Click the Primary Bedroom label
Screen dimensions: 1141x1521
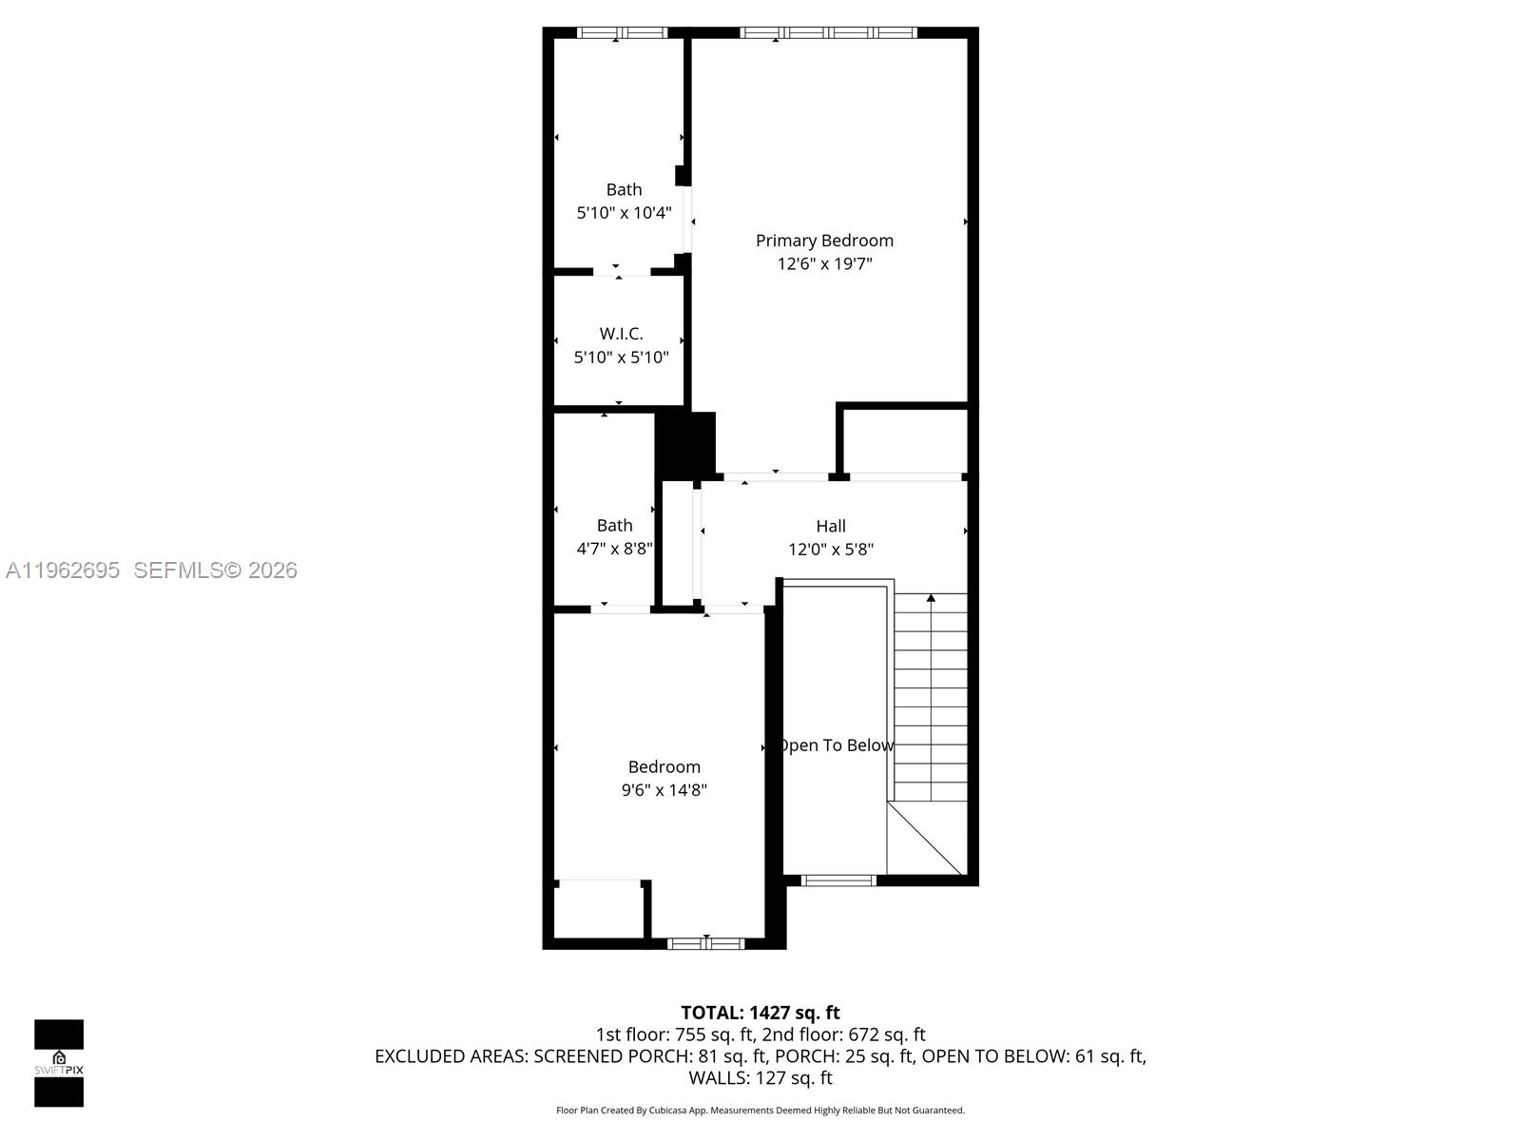824,241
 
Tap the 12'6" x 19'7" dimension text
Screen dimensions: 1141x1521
824,264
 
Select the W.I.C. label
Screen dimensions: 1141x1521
621,334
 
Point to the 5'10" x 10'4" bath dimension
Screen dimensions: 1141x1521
624,213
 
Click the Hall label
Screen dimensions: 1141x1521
830,526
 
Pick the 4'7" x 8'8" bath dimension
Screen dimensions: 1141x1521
614,549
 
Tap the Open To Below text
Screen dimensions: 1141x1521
836,745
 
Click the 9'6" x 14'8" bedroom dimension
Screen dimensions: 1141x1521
664,790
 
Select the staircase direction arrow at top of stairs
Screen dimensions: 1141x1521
931,598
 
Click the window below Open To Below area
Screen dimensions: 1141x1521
838,880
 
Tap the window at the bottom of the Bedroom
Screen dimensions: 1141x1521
704,943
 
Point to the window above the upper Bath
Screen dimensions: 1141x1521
623,32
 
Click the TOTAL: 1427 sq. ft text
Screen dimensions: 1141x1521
760,1013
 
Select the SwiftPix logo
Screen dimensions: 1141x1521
59,1063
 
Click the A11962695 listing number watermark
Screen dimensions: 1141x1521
63,570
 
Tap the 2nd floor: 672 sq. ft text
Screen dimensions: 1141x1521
843,1035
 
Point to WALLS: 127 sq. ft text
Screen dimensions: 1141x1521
760,1078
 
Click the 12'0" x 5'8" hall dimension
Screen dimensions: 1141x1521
830,550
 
